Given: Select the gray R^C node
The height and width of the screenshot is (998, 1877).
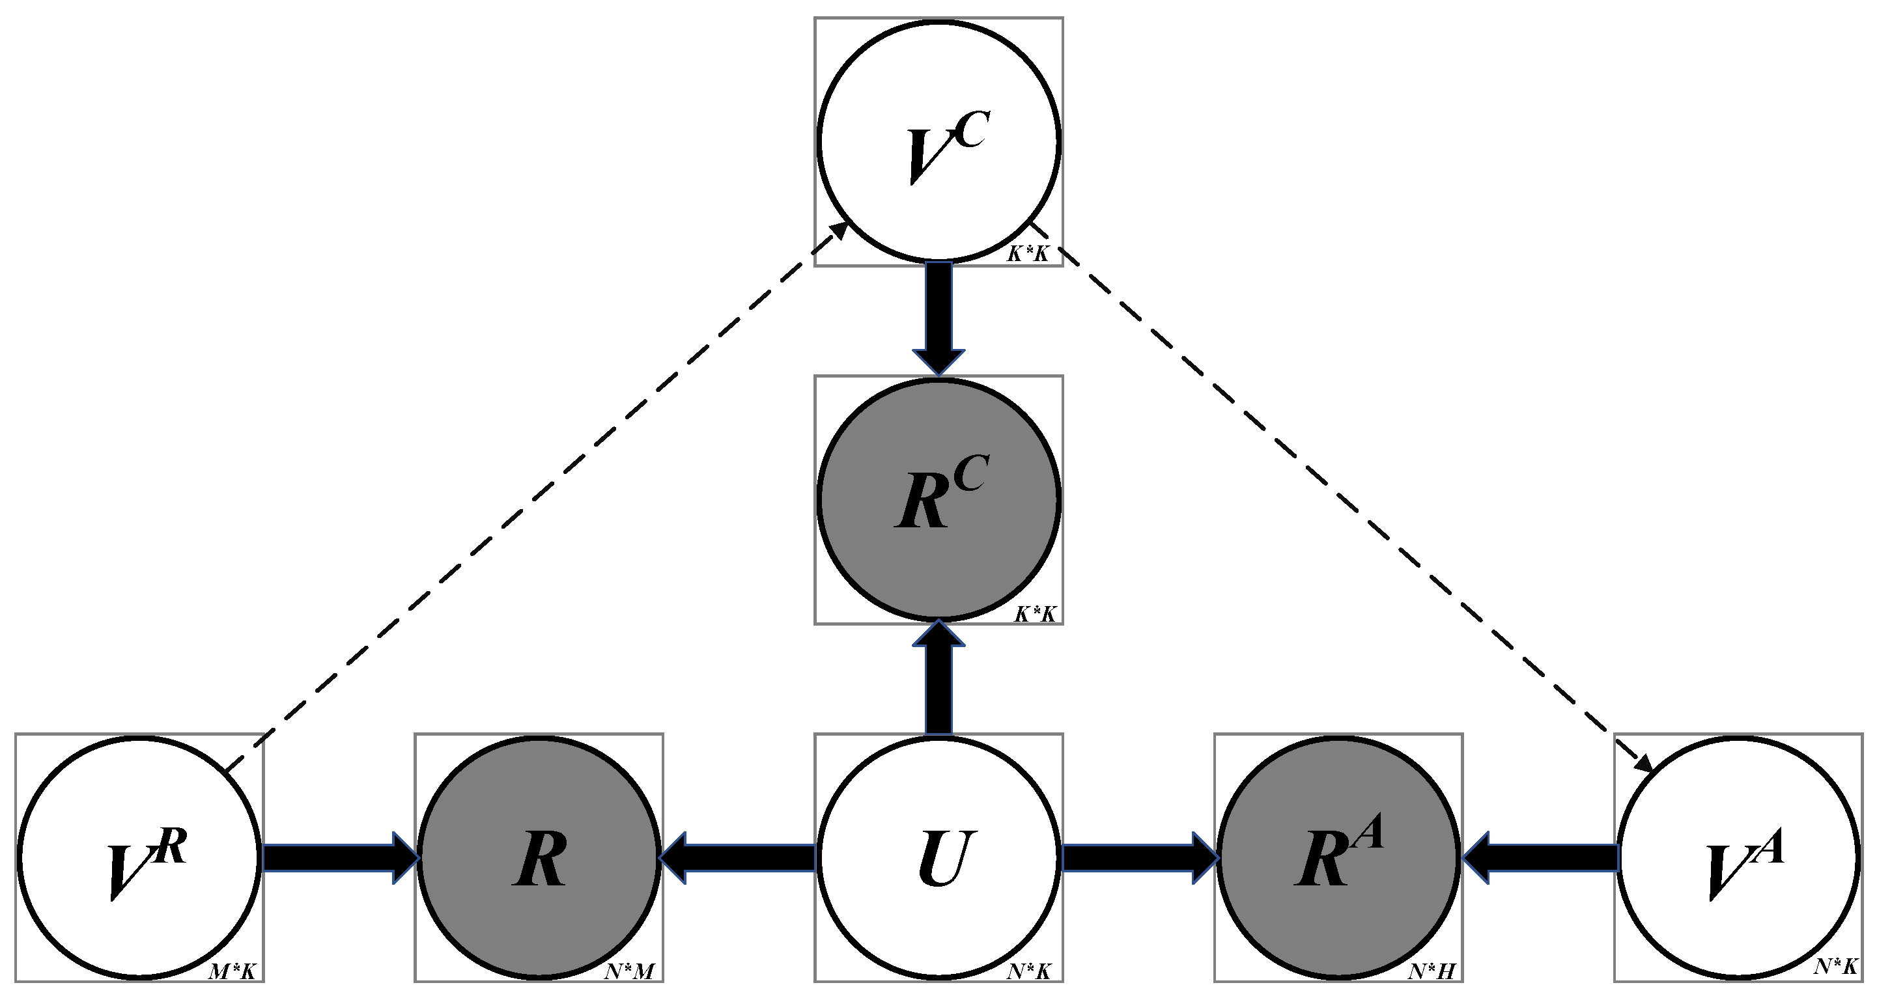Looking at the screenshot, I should (x=938, y=500).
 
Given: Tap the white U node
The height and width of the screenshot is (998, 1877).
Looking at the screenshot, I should (x=938, y=857).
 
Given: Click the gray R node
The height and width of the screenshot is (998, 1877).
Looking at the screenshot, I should (x=539, y=857).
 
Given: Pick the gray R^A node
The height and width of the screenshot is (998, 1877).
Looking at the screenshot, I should (x=1338, y=857).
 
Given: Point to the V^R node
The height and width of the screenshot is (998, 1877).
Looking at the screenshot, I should (x=139, y=857).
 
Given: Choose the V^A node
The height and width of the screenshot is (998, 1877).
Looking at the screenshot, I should (x=1738, y=857).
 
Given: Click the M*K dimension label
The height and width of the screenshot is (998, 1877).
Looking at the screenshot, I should (x=232, y=972).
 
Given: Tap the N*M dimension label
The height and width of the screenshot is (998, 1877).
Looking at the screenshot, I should (x=630, y=972).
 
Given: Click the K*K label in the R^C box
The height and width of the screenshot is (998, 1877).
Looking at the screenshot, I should (x=1035, y=614).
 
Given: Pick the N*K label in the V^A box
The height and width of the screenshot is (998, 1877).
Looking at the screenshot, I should (x=1835, y=967).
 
